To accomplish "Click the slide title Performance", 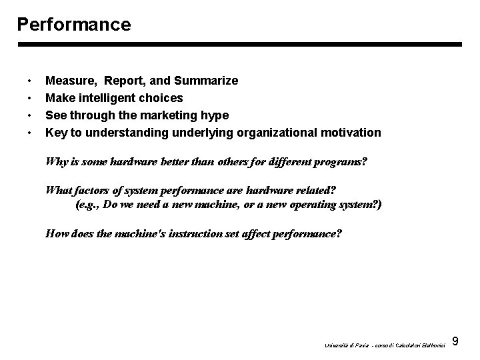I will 74,25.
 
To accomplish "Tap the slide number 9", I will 455,342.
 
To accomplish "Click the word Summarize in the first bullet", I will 206,81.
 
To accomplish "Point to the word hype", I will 214,115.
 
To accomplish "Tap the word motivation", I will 351,133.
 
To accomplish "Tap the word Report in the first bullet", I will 125,81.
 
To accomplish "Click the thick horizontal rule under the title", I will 239,45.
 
